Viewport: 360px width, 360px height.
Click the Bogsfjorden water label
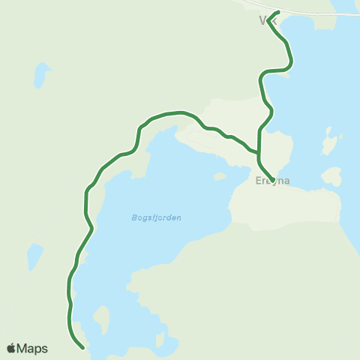[x=156, y=217]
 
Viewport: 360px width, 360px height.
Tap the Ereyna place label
[x=271, y=181]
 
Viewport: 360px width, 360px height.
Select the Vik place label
[x=268, y=21]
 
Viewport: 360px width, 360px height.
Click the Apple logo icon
[x=11, y=349]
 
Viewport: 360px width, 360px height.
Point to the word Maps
[x=33, y=349]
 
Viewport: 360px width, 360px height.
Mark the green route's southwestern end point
[x=82, y=347]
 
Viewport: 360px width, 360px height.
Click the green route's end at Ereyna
[x=271, y=181]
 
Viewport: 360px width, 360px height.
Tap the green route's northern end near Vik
[x=278, y=12]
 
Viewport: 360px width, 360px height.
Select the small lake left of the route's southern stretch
[x=34, y=256]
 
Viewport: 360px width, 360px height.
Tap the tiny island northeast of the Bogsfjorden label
[x=220, y=177]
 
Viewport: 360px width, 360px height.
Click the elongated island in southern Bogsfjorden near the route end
[x=102, y=320]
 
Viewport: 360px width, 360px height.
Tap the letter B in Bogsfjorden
[x=133, y=217]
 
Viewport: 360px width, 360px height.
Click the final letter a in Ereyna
[x=286, y=181]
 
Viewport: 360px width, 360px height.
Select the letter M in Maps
[x=23, y=349]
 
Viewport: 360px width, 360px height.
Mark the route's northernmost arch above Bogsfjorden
[x=176, y=112]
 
